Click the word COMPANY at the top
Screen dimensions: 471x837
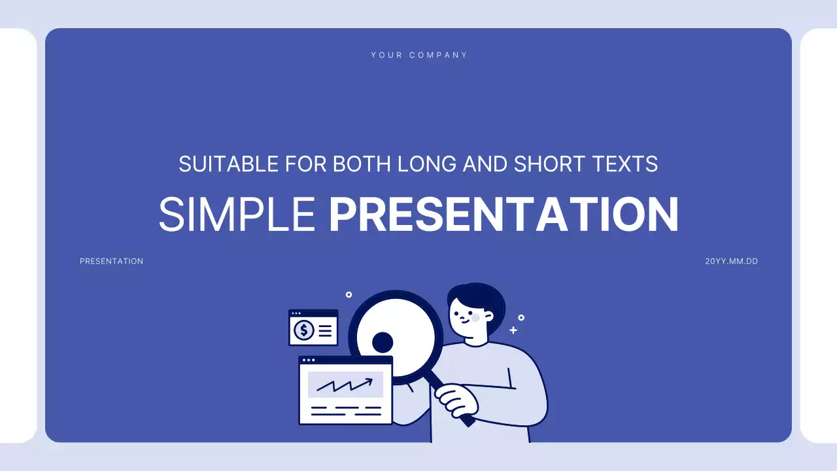439,55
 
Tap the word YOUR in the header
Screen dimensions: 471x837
386,55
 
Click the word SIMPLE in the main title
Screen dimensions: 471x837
237,215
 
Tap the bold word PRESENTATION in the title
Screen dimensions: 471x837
504,215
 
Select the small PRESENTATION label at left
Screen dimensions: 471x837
111,261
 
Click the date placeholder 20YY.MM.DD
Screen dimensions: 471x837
731,261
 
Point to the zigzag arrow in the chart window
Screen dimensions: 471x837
345,384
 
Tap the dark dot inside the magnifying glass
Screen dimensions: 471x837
383,342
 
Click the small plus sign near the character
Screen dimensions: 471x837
513,330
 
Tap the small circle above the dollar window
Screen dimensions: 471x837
349,295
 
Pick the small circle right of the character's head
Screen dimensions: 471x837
521,318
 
